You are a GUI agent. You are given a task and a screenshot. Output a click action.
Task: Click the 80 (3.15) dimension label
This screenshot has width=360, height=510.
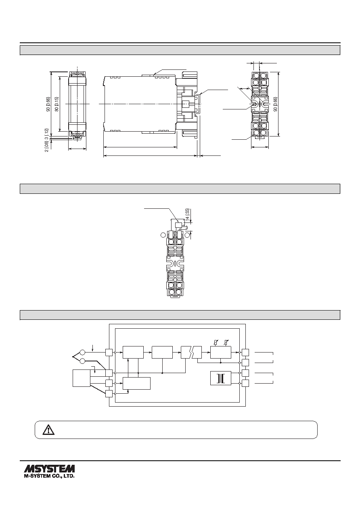57,104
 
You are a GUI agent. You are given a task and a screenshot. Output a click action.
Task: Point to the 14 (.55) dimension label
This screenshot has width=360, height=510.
188,214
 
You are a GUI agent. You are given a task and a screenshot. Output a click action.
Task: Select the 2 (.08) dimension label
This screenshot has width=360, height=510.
47,147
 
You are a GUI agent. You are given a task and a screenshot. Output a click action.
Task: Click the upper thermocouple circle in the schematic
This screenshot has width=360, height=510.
82,353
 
